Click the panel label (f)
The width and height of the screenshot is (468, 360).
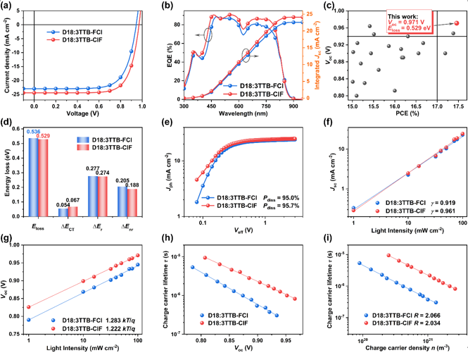322,126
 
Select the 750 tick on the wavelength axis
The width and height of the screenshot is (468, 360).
272,105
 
